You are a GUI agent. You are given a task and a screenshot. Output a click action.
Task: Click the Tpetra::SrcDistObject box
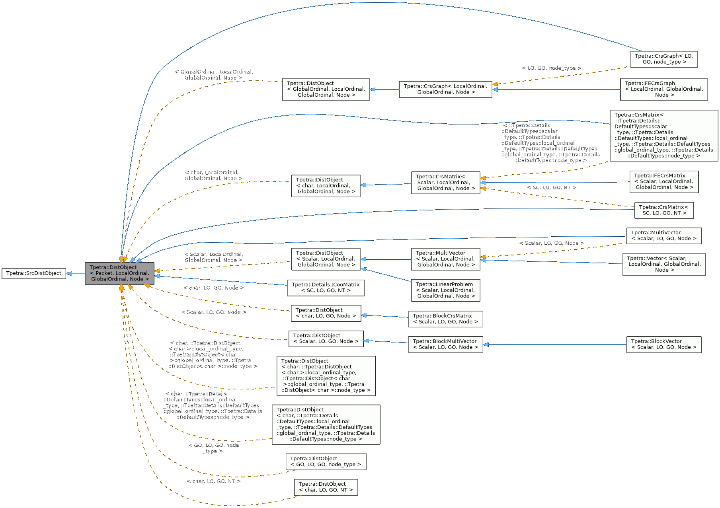(34, 273)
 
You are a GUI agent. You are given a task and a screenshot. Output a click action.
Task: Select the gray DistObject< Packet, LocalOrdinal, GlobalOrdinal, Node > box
(119, 273)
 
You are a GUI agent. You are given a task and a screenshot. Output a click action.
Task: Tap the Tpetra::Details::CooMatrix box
(326, 288)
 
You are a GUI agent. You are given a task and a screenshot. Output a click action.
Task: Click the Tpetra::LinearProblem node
(445, 290)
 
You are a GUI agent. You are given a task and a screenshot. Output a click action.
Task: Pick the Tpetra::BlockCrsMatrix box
(445, 319)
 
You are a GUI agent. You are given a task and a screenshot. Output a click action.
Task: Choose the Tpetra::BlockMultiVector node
(445, 345)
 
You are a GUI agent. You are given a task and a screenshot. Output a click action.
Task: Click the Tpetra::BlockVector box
(663, 345)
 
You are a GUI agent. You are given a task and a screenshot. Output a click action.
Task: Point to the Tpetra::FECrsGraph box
(663, 89)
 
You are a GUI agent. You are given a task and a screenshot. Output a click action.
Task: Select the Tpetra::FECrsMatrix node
(663, 181)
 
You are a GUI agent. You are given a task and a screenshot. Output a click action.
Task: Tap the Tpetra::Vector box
(663, 264)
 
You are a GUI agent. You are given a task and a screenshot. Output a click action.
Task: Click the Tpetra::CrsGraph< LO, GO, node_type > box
(663, 59)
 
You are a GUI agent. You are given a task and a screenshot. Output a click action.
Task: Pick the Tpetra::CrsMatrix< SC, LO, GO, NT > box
(663, 210)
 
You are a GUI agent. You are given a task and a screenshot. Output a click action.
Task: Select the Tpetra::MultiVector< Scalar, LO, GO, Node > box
(663, 236)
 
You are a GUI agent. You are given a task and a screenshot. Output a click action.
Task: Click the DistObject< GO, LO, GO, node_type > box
(326, 461)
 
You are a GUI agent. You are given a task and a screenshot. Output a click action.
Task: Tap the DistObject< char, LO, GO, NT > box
(326, 487)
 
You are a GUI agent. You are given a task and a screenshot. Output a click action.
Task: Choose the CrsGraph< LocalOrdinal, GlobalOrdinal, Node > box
(445, 89)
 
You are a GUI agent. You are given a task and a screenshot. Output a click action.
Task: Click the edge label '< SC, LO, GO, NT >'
(551, 187)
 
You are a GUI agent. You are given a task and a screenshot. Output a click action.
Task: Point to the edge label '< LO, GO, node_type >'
(551, 68)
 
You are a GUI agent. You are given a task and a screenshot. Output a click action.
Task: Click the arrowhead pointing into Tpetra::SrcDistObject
(69, 273)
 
